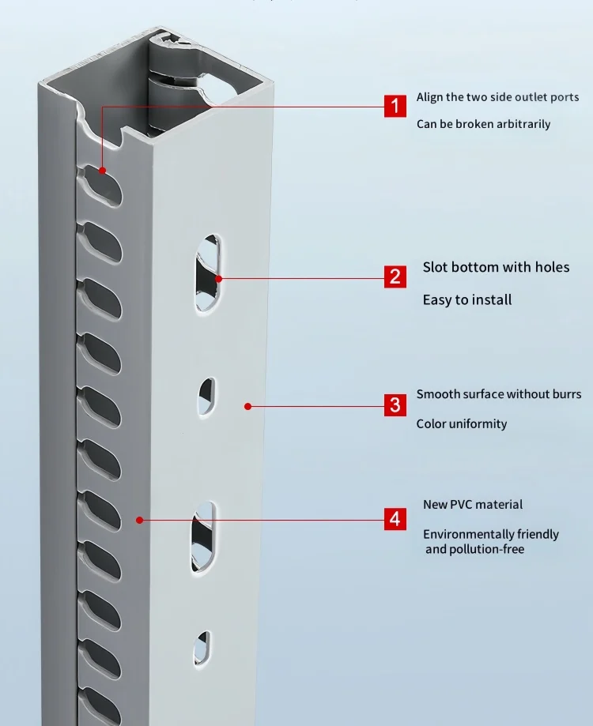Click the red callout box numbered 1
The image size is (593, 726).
pos(395,105)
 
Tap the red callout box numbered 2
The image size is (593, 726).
pos(395,276)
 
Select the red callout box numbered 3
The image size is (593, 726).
pos(395,405)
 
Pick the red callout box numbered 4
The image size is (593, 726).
pos(395,519)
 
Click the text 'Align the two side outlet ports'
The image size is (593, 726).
pos(497,97)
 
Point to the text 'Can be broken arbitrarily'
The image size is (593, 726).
pos(483,124)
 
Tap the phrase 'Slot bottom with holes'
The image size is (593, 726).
pos(496,267)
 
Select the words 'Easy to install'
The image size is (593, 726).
pos(466,299)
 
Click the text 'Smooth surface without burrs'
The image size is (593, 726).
pos(498,394)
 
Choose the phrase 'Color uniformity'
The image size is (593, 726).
pos(461,423)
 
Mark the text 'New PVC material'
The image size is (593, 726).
pos(472,504)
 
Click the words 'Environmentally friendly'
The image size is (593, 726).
pos(490,534)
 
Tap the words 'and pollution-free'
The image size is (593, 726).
pos(474,549)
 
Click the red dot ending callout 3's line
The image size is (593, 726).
pos(247,406)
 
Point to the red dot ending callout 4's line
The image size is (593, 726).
pos(139,520)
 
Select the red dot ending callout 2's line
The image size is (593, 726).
pos(219,278)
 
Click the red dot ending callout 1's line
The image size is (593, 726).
pos(102,169)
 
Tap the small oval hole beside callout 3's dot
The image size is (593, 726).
pos(206,397)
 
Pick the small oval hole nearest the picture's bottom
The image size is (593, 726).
pos(203,647)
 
